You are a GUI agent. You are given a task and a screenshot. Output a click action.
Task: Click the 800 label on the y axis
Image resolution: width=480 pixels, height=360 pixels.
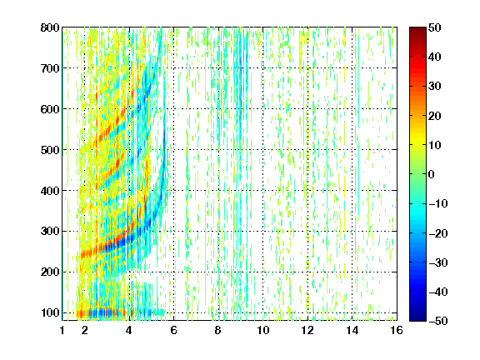click(x=50, y=27)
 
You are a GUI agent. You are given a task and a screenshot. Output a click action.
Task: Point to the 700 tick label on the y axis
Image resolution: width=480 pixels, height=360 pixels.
click(x=50, y=68)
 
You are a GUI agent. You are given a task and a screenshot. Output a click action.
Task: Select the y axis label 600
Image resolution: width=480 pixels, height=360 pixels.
click(x=50, y=109)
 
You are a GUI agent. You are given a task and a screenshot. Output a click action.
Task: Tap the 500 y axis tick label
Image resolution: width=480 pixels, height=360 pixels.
click(x=50, y=150)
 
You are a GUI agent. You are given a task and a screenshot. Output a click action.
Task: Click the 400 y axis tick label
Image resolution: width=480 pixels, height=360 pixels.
click(x=50, y=191)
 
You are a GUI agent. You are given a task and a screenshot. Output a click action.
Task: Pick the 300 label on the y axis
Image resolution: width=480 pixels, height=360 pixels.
click(x=50, y=231)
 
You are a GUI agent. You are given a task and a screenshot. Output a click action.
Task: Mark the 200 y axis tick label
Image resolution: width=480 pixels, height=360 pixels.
click(x=50, y=272)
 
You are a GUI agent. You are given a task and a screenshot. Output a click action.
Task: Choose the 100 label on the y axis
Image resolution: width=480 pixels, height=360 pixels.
click(x=50, y=312)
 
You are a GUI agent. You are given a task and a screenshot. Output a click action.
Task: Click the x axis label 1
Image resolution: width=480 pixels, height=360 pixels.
click(x=62, y=330)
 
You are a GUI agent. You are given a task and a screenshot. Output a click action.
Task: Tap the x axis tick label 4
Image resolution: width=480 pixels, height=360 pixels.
click(x=129, y=330)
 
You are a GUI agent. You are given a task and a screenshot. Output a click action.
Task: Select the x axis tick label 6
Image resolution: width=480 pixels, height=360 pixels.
click(x=173, y=330)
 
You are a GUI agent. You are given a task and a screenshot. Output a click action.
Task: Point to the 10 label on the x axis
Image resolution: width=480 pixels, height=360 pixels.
click(x=263, y=330)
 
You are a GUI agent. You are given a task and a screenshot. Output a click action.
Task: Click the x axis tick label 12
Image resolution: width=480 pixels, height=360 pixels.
click(x=307, y=330)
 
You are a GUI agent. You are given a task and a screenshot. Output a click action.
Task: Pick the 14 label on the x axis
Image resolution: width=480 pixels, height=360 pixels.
click(x=352, y=330)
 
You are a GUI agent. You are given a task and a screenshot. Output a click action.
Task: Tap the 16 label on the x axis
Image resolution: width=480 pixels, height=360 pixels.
click(x=397, y=330)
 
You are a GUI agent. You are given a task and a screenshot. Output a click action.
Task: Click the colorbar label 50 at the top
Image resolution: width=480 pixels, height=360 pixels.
click(x=434, y=27)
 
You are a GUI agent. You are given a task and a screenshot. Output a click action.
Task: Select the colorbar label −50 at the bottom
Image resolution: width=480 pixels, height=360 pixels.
click(x=437, y=321)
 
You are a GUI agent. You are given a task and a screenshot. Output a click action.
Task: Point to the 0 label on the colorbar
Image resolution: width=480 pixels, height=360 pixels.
click(x=431, y=174)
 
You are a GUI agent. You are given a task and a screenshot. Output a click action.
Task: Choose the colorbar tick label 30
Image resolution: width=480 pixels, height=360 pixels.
click(x=434, y=86)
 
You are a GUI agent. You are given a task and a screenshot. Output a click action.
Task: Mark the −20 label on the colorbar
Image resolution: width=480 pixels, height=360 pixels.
click(x=437, y=233)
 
